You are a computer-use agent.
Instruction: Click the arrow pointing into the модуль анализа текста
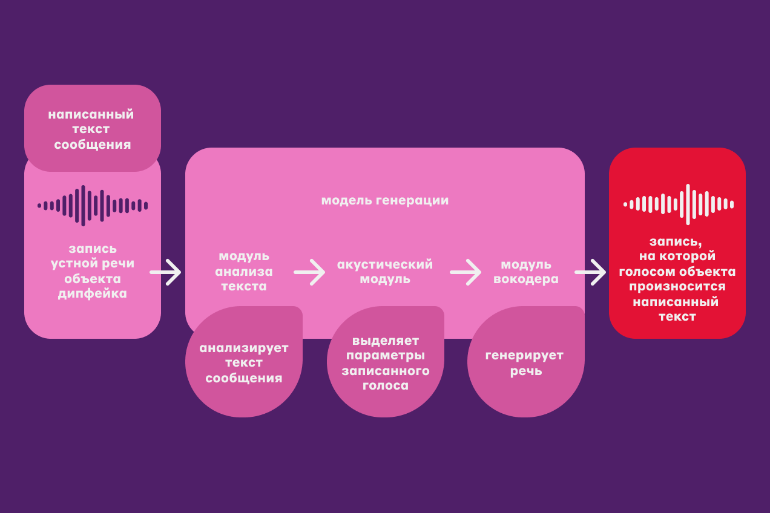tap(166, 272)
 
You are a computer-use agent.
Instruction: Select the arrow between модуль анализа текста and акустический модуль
tap(309, 272)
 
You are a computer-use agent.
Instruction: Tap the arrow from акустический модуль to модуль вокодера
tap(466, 272)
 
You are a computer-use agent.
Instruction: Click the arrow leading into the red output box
tap(590, 272)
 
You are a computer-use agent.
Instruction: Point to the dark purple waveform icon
tap(93, 205)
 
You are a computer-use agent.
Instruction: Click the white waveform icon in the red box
tap(679, 204)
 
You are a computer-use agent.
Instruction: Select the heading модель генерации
tap(384, 200)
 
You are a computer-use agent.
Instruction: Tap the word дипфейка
tap(93, 293)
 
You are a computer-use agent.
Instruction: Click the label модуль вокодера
tap(526, 272)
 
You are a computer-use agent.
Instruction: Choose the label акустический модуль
tap(384, 272)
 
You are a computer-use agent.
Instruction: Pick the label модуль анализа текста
tap(244, 272)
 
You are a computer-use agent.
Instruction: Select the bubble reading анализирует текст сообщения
tap(244, 363)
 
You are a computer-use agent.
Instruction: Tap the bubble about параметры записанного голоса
tap(386, 363)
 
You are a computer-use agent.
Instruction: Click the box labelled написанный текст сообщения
tap(93, 129)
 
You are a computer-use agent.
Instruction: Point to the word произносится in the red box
tap(677, 286)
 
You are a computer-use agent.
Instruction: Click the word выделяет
tap(386, 341)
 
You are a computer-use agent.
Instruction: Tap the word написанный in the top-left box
tap(91, 114)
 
